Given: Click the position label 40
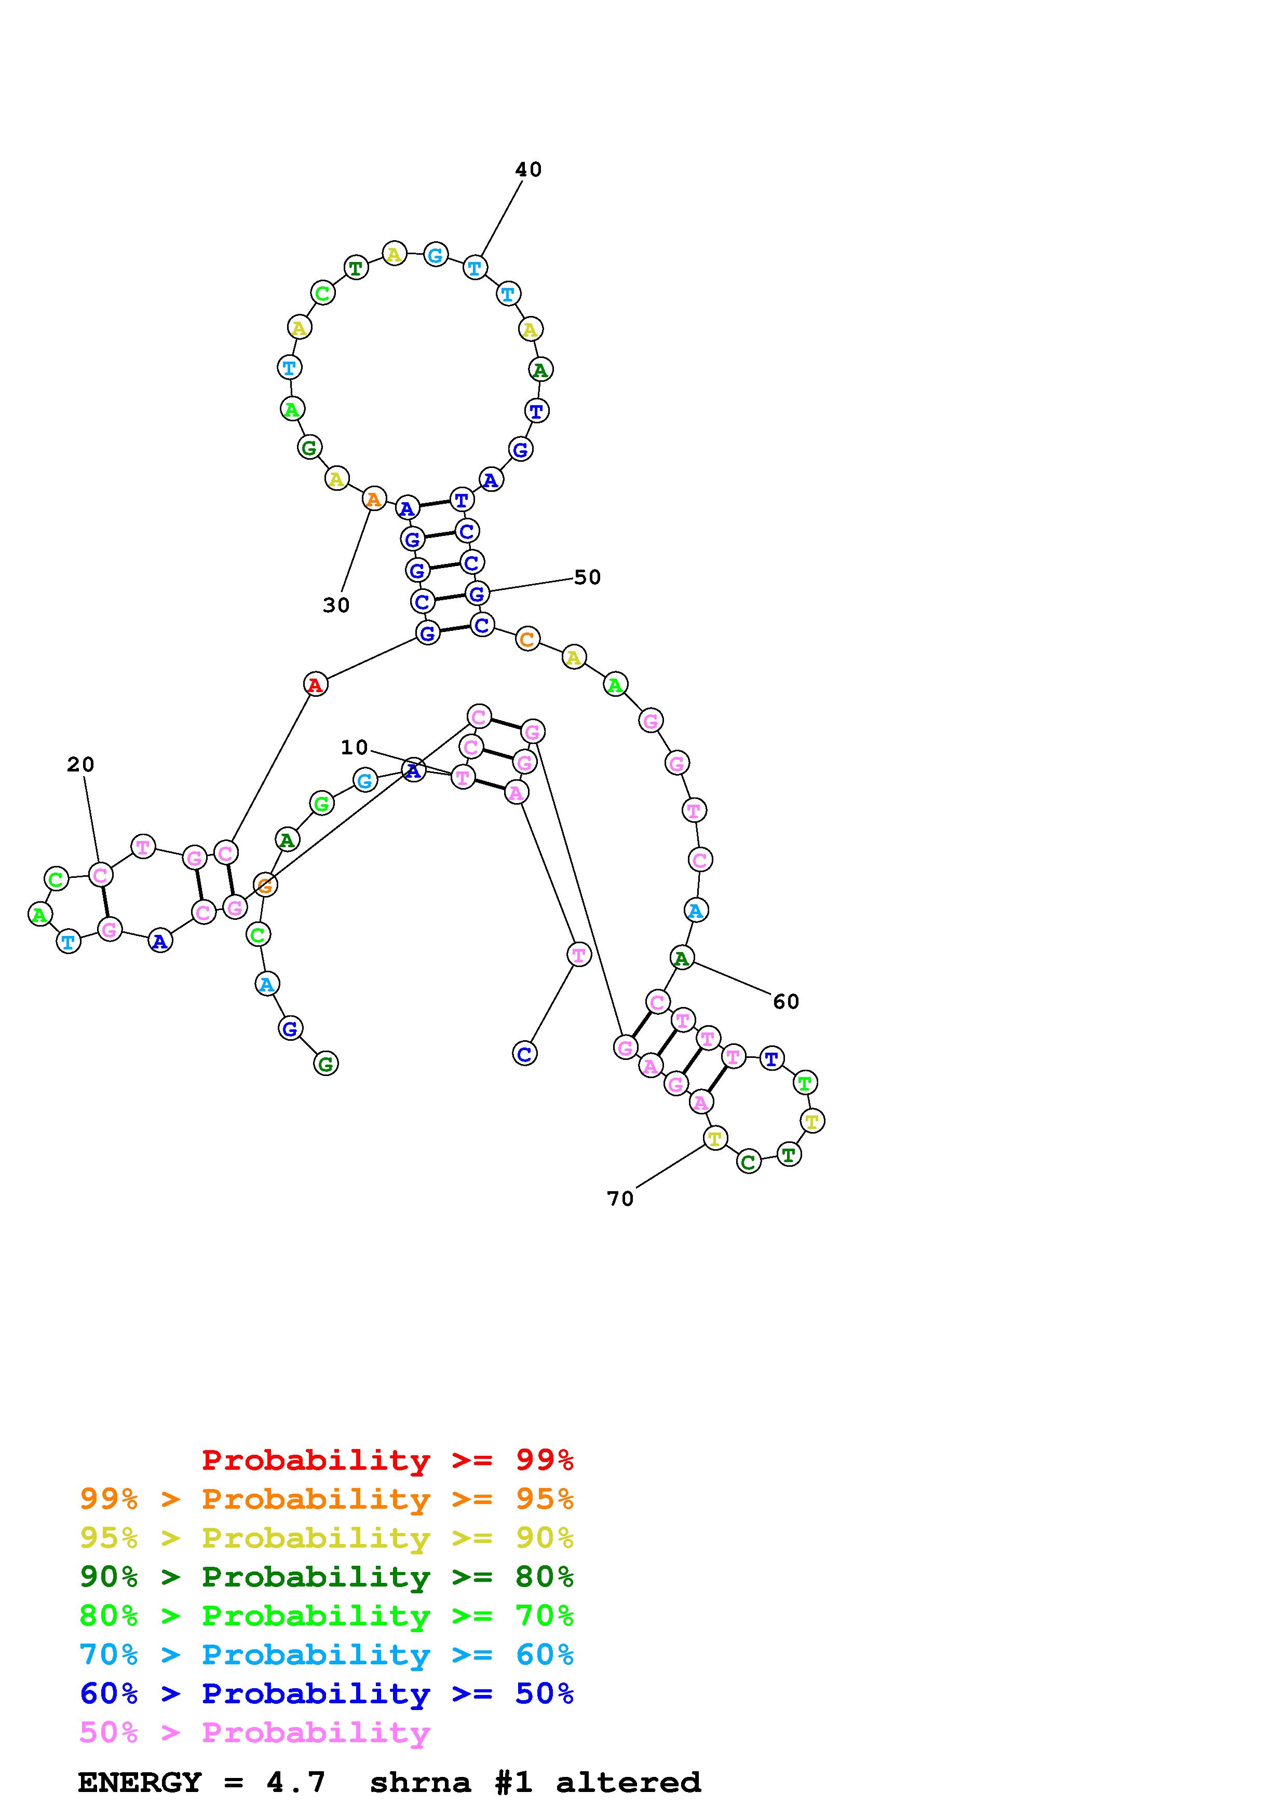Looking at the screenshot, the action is pyautogui.click(x=528, y=170).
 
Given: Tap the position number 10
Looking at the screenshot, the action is pyautogui.click(x=355, y=748).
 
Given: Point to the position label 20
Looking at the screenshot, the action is pyautogui.click(x=80, y=765).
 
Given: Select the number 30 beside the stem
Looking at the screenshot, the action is pyautogui.click(x=336, y=605).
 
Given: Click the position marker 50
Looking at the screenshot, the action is pyautogui.click(x=588, y=578).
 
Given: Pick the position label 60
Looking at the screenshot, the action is pyautogui.click(x=786, y=1002).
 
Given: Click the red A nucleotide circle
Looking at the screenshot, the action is pyautogui.click(x=316, y=684).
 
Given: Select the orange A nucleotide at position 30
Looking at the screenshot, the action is pyautogui.click(x=373, y=500).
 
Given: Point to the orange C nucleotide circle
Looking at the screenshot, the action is pyautogui.click(x=527, y=639).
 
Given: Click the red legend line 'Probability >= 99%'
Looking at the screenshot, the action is pyautogui.click(x=388, y=1459).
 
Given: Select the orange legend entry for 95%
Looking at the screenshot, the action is pyautogui.click(x=327, y=1499).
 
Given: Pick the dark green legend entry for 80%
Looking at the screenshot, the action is pyautogui.click(x=327, y=1577).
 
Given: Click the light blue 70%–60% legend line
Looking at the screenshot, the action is pyautogui.click(x=327, y=1654).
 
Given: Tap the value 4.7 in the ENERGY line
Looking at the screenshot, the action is pyautogui.click(x=296, y=1783).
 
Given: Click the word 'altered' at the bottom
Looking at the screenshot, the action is pyautogui.click(x=628, y=1783).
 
